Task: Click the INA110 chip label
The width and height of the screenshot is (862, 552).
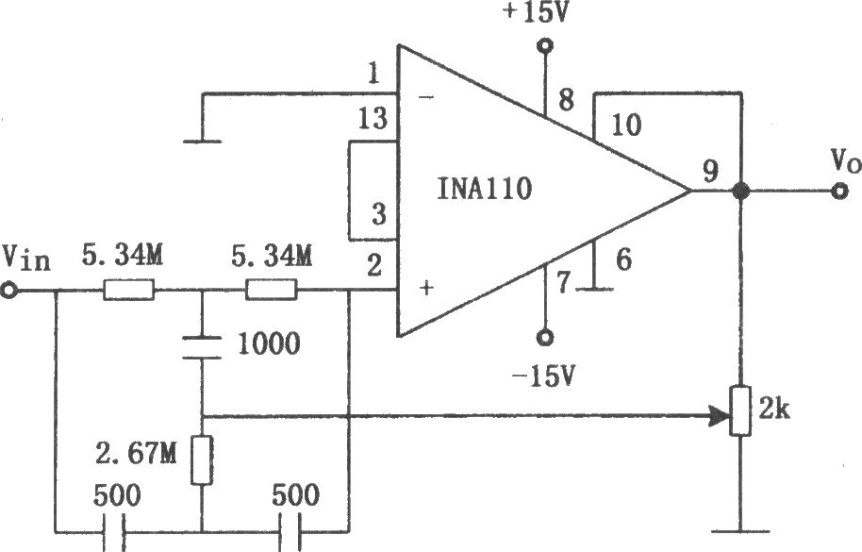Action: click(485, 189)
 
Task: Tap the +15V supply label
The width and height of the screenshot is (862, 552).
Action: click(535, 12)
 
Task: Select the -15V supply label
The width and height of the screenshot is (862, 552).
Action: click(543, 376)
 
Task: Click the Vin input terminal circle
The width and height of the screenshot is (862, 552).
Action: click(9, 291)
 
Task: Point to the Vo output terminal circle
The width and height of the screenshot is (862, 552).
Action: click(839, 192)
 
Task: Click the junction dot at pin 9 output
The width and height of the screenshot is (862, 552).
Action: click(741, 192)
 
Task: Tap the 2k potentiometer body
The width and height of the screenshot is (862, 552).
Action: click(741, 410)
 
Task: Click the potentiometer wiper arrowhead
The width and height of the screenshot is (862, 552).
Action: click(720, 416)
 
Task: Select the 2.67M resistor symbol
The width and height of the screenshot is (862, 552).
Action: click(202, 460)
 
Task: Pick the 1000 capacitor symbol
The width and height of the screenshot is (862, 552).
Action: click(202, 347)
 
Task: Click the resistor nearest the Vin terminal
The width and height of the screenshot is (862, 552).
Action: click(128, 290)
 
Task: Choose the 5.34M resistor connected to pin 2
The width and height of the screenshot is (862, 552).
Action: click(271, 290)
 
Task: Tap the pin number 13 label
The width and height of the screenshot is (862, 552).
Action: click(373, 118)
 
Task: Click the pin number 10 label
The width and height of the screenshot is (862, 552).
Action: click(626, 125)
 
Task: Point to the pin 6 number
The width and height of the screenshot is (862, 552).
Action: click(623, 259)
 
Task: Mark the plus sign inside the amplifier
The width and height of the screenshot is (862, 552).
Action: click(427, 287)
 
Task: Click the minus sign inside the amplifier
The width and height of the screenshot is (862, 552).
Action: click(426, 98)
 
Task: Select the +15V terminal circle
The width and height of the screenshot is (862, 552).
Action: click(545, 45)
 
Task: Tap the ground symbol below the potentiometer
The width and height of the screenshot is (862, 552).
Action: click(741, 531)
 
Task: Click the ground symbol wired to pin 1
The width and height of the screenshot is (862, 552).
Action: click(203, 142)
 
